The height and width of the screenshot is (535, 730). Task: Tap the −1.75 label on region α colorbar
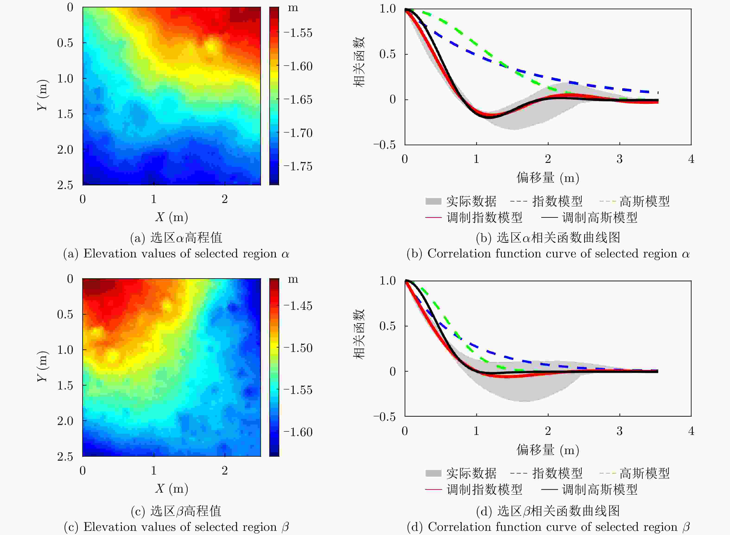click(298, 166)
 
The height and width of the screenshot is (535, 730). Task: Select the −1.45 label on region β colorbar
click(298, 306)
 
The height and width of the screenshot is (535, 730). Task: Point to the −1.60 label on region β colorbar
click(298, 432)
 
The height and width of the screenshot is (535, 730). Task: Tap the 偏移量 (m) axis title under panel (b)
click(548, 178)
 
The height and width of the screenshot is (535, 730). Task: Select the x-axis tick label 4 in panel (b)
click(691, 159)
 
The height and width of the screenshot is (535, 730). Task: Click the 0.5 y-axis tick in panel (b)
click(388, 54)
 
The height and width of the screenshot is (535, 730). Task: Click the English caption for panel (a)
click(176, 253)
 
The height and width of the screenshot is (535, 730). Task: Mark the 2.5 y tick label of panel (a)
click(65, 185)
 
